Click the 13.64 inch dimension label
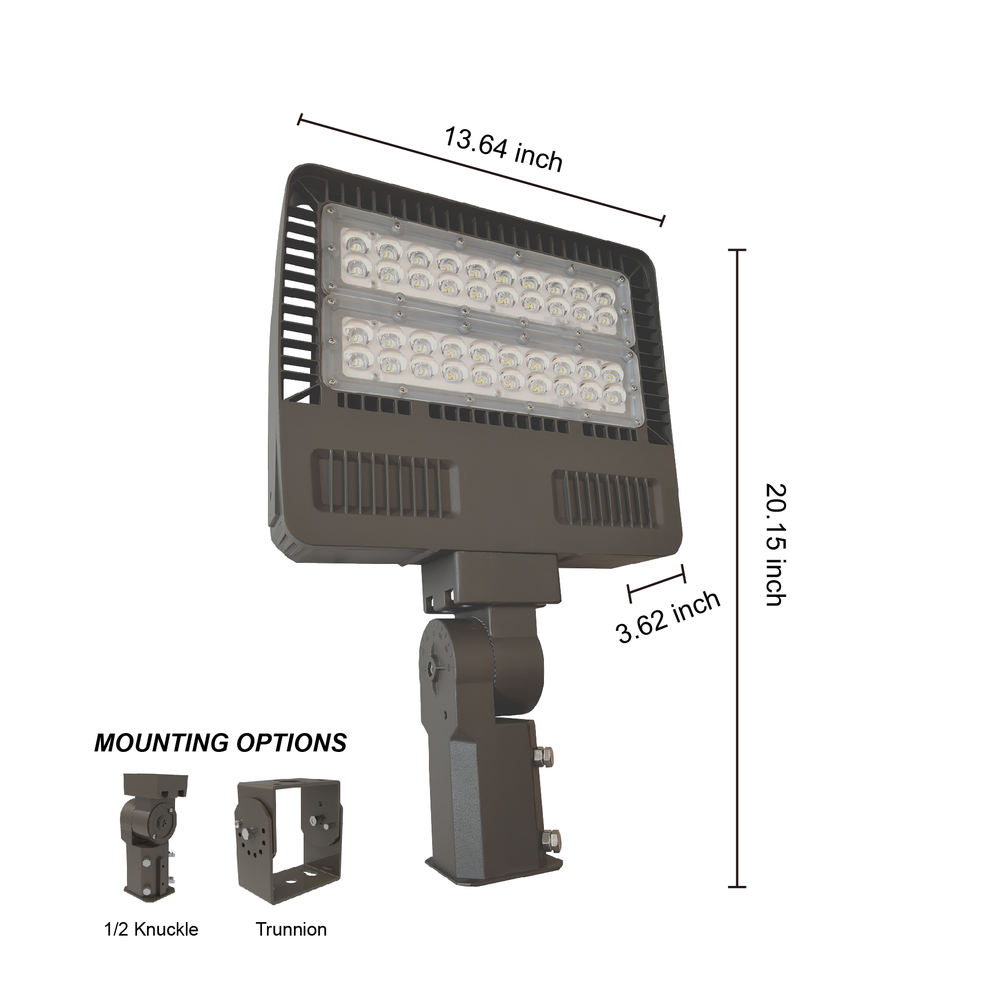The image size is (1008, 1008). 503,149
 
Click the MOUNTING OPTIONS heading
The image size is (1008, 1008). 220,743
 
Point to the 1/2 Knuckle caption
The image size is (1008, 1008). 151,929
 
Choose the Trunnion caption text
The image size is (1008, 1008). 291,929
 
